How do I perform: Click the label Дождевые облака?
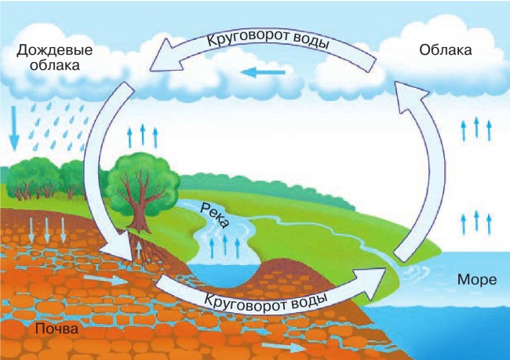(54, 58)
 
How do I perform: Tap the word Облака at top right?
(446, 52)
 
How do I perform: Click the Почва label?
(56, 328)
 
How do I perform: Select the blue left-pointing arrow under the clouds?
(263, 74)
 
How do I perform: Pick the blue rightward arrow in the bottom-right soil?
(282, 346)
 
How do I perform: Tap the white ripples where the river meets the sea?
(412, 271)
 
